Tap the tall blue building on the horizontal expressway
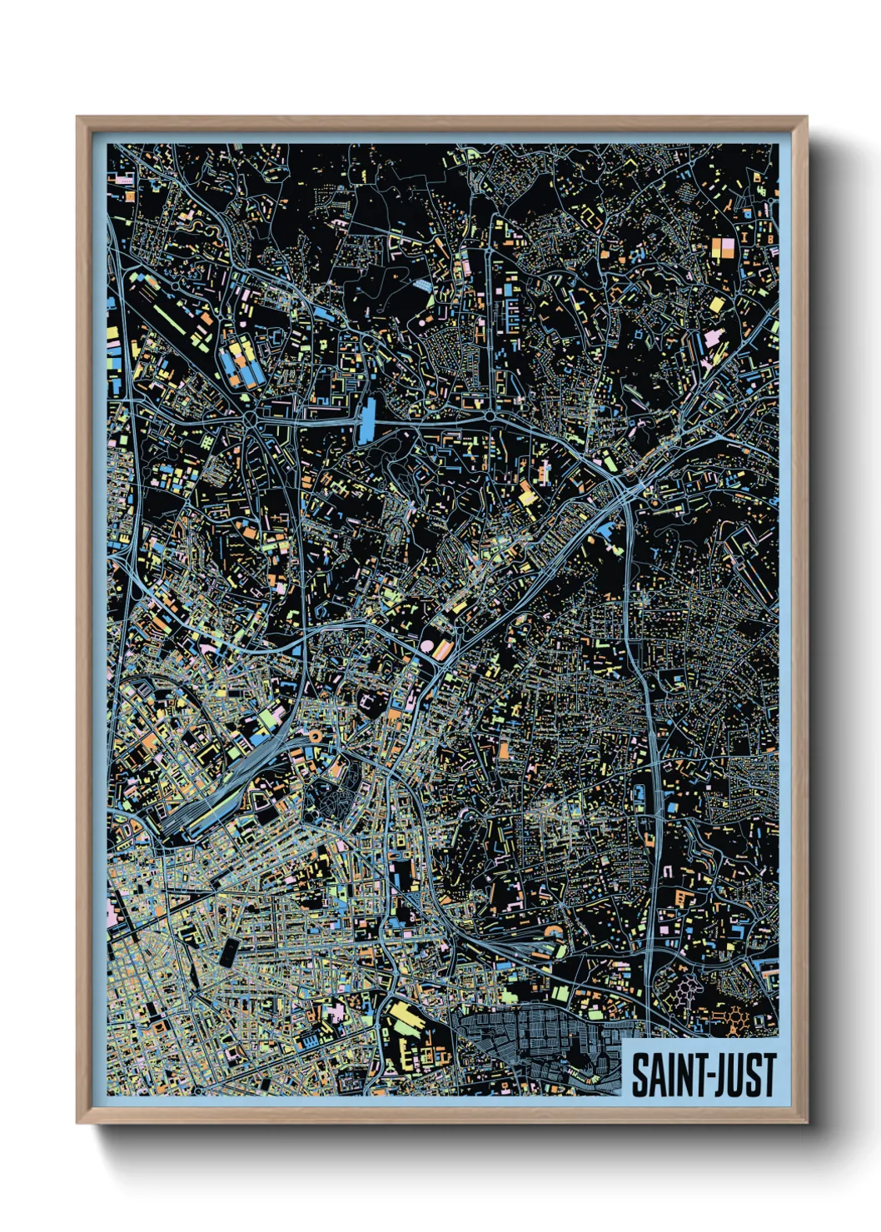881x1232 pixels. (367, 420)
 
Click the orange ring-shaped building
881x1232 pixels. (315, 736)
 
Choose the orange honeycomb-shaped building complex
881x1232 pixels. (736, 1016)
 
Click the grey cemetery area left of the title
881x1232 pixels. (533, 1041)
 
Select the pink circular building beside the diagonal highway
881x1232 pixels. (427, 646)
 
